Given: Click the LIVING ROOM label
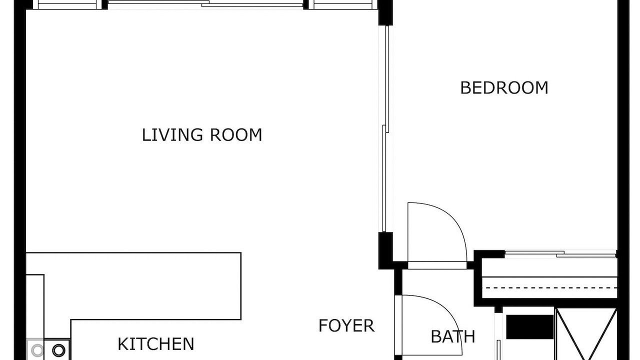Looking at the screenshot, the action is coord(202,135).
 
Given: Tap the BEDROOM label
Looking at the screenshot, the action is coord(504,88).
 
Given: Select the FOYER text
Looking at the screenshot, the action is coord(346,326).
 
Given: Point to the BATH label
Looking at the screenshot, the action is coord(453,337).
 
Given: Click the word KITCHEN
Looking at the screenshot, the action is coord(156,344).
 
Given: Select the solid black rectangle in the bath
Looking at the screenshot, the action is coord(529,327).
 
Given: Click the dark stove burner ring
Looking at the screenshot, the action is coord(58,350).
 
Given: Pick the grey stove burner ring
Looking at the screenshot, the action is coord(37,350).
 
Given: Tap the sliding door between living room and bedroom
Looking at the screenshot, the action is coord(385,128).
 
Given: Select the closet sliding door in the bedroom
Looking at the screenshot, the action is coord(561,254).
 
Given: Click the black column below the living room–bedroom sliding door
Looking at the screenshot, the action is coord(385,250).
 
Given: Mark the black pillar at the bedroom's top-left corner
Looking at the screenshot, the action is coord(385,12).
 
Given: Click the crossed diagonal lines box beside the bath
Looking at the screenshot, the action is coord(586,333).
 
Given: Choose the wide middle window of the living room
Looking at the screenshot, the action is coord(205,4).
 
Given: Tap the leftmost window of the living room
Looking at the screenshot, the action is coord(67,4).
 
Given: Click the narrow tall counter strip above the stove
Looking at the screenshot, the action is coord(35,306).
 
